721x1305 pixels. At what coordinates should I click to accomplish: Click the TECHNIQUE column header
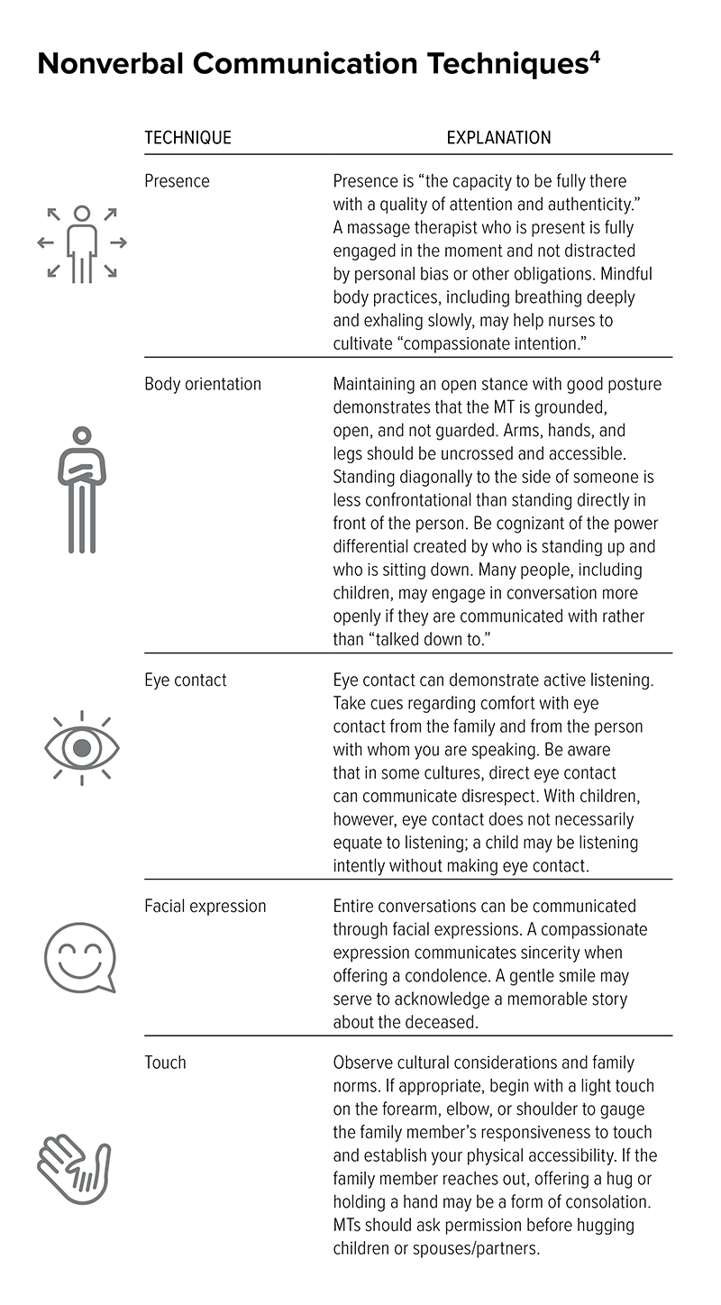tap(187, 138)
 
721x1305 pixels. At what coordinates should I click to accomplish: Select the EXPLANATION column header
tap(498, 138)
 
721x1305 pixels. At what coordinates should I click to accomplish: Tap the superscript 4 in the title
tap(595, 55)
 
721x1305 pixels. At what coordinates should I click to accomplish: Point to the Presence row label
tap(177, 181)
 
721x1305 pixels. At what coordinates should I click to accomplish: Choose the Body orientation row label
tap(203, 384)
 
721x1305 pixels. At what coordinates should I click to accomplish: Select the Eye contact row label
tap(186, 680)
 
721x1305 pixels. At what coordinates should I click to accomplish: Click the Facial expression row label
tap(205, 906)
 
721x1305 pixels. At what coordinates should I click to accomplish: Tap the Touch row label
tap(165, 1063)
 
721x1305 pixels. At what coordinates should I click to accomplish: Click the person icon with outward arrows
tap(82, 242)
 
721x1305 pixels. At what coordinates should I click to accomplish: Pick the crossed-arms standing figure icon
tap(82, 489)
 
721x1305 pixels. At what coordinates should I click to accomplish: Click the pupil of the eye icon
tap(82, 747)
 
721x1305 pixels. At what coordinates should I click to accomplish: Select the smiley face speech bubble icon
tap(80, 957)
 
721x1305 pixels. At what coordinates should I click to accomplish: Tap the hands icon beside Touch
tap(74, 1168)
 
